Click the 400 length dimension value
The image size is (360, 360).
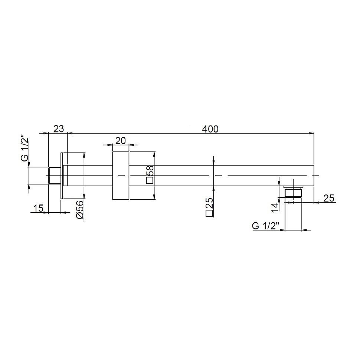tap(210, 129)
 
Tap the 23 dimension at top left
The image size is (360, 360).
tap(59, 129)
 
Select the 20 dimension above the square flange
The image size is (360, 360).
tap(121, 141)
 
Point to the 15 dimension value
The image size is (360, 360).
tap(38, 209)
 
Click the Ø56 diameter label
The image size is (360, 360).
tap(80, 210)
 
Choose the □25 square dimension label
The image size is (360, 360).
tap(209, 207)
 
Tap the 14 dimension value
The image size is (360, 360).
tap(274, 207)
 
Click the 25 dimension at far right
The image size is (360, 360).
tap(329, 198)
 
